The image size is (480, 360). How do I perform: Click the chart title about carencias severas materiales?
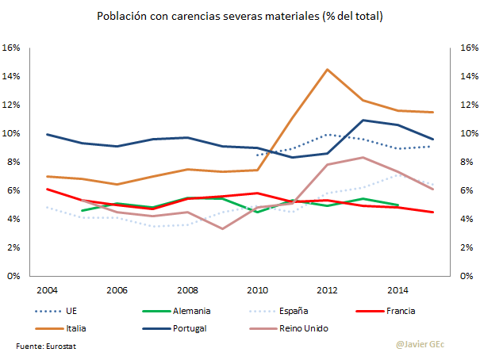240,16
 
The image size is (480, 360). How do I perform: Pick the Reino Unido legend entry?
327,327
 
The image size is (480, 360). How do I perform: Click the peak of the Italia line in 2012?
327,69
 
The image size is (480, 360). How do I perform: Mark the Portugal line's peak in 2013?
363,121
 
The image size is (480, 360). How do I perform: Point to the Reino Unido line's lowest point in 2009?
223,228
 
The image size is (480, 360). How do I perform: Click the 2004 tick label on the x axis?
47,289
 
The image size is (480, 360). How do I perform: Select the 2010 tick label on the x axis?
257,289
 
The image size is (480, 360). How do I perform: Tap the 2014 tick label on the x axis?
397,289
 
